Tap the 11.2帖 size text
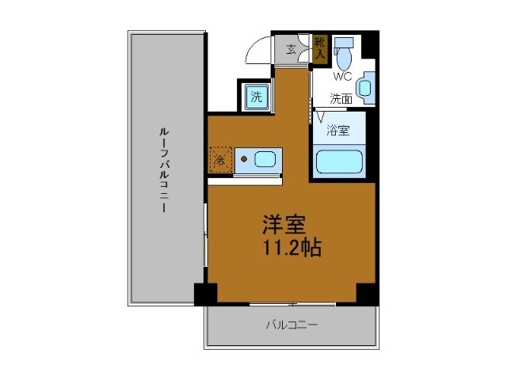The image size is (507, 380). (292, 248)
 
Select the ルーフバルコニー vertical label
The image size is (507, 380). (162, 170)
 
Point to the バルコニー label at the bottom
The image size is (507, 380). (292, 325)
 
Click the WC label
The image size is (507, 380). (342, 77)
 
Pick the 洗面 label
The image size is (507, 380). (341, 99)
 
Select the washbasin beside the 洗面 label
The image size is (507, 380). (366, 88)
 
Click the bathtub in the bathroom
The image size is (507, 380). (340, 161)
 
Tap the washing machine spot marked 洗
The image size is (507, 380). (255, 97)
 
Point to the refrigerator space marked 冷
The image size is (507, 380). (221, 160)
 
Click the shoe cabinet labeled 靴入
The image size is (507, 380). (318, 49)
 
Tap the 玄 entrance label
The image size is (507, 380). (292, 50)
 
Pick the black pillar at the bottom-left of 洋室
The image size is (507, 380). (205, 293)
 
